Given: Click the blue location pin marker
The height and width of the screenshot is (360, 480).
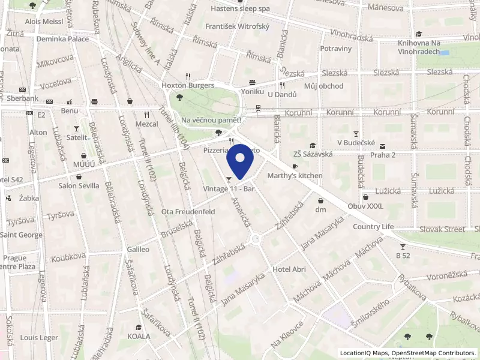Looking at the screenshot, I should coord(241,163).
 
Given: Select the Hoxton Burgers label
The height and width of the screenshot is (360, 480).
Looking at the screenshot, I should coord(188,85).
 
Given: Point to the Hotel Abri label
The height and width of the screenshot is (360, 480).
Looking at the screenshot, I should coord(289,269).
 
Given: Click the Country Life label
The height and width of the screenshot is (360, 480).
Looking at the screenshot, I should coord(373,226).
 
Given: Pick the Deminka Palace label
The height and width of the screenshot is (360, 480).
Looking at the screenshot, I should coord(62,39).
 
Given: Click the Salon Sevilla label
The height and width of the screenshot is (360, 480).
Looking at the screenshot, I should coord(79,185).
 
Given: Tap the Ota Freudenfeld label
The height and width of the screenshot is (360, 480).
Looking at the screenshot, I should coord(188,212).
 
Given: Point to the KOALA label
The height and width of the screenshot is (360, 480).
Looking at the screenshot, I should coord(139,336).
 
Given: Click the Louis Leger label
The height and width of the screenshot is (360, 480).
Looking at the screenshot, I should coord(39,338).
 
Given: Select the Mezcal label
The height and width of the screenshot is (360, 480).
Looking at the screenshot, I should coord(146,124).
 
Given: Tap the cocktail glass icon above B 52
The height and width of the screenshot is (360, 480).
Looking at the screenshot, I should coord(402,246).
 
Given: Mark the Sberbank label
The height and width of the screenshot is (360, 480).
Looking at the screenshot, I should coord(23,98).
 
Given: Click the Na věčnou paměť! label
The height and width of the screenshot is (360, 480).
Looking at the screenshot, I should coord(211,119).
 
